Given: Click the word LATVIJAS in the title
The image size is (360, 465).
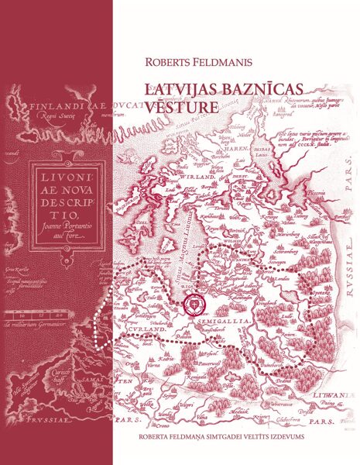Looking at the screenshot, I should pos(178,91).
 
